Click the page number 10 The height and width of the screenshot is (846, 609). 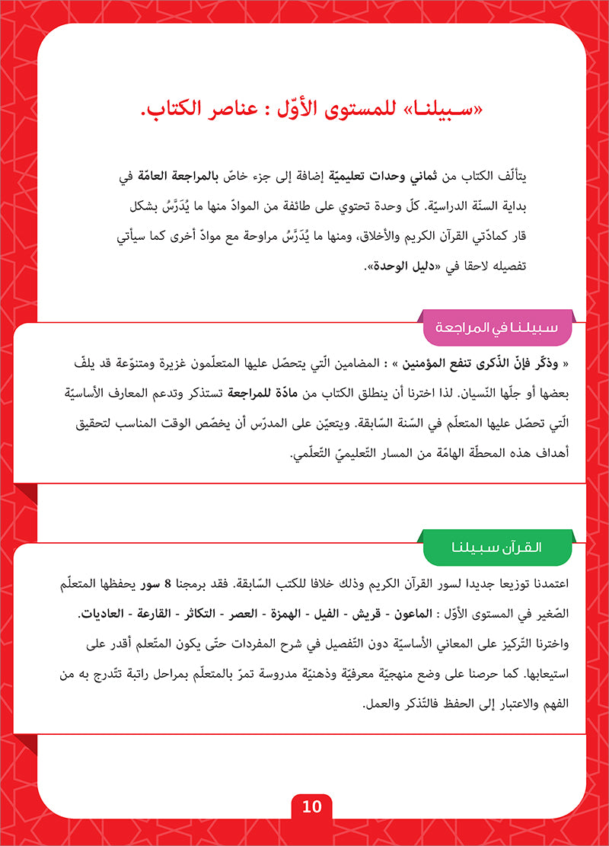point(311,806)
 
